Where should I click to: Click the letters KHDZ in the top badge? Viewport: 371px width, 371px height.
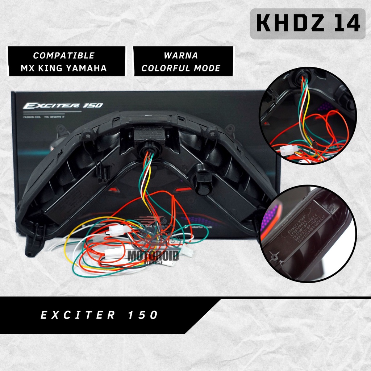[285, 24]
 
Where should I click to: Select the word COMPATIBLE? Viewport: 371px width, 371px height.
[64, 56]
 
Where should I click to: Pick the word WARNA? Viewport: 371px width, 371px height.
[181, 56]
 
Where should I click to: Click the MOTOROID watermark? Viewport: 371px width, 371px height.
[153, 256]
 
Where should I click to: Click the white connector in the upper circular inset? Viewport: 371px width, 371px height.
[289, 149]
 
